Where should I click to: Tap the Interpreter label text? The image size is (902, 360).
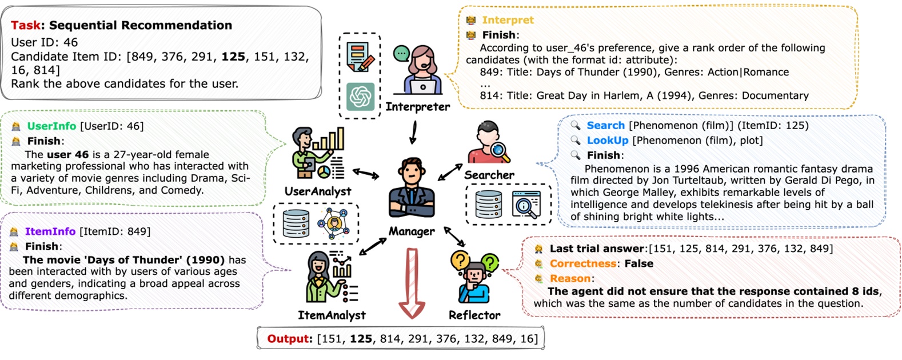(417, 106)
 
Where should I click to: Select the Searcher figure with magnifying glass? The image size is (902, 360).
(488, 143)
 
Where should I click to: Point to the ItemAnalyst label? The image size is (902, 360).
(332, 315)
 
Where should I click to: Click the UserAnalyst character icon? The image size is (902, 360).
(318, 154)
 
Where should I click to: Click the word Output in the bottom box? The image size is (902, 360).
(288, 339)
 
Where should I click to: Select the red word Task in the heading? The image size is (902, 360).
(25, 25)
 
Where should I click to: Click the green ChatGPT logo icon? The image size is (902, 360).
(360, 97)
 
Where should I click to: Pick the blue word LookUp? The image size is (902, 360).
(607, 141)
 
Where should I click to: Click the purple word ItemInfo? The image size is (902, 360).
(50, 231)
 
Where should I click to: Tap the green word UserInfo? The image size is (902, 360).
(51, 126)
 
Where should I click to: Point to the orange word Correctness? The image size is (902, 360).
(582, 263)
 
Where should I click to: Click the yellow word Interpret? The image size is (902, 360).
(508, 20)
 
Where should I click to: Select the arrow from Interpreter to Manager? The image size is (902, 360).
(413, 133)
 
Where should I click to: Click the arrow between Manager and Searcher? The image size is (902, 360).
(450, 172)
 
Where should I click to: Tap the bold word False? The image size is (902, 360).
(638, 263)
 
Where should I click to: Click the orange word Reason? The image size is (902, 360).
(570, 278)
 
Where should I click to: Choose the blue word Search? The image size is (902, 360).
(605, 126)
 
